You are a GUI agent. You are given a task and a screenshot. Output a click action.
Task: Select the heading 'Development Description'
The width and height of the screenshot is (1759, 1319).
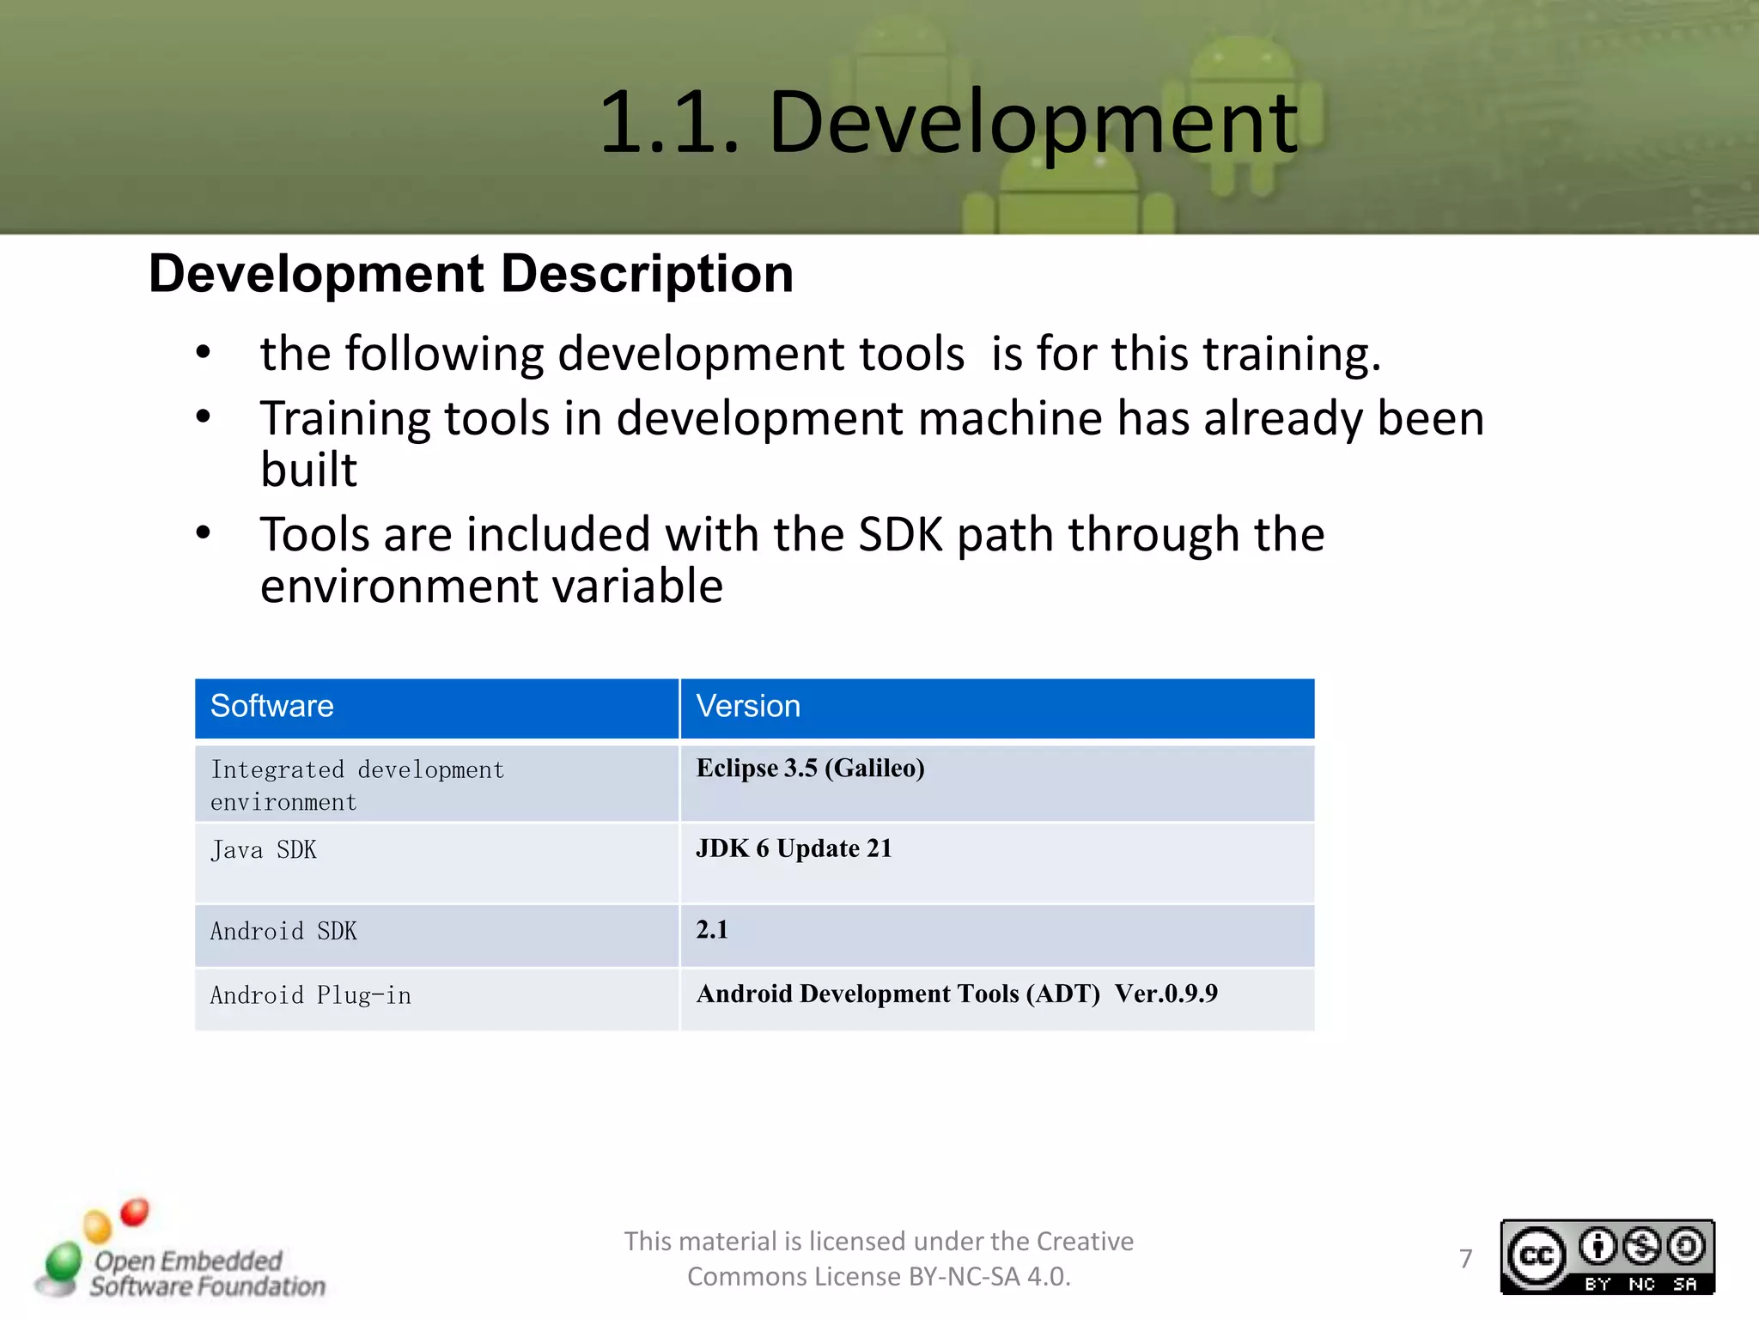[x=471, y=274]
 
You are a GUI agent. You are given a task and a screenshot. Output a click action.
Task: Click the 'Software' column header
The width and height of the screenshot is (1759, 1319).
[x=271, y=706]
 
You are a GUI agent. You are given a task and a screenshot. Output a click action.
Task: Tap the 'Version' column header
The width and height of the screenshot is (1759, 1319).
[x=747, y=706]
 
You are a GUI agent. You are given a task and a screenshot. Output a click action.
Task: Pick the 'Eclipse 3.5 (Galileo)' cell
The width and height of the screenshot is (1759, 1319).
[x=810, y=768]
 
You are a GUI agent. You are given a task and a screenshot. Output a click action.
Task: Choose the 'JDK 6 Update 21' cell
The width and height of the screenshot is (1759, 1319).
[x=794, y=848]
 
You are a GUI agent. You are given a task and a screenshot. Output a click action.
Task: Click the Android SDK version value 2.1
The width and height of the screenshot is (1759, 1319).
[x=712, y=930]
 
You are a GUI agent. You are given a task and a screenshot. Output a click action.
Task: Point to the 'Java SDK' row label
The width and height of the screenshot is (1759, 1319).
[x=263, y=850]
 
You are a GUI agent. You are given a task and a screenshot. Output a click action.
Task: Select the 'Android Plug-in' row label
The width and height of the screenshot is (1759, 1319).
[x=310, y=995]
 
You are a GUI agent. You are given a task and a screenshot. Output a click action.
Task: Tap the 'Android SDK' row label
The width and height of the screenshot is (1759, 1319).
[x=283, y=932]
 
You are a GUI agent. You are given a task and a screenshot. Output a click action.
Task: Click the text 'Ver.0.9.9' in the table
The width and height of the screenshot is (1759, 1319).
[x=1166, y=994]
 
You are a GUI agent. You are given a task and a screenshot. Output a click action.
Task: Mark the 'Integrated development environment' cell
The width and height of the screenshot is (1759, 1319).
[x=356, y=785]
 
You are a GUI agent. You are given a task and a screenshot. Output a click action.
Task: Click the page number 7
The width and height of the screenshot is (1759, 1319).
[x=1465, y=1259]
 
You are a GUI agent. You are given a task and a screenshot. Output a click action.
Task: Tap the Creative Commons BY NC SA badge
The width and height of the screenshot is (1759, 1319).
[x=1607, y=1257]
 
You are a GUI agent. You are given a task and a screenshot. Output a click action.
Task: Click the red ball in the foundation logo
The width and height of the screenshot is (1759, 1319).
[x=134, y=1213]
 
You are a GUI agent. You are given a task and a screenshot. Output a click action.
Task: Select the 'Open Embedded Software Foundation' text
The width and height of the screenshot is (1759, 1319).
[x=206, y=1273]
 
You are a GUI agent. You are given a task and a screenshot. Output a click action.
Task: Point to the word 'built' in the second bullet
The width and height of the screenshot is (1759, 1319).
[x=308, y=470]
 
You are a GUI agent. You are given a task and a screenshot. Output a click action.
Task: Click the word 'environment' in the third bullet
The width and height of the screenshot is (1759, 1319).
[x=395, y=587]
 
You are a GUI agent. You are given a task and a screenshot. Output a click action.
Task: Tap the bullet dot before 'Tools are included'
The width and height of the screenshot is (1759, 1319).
[x=203, y=533]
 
